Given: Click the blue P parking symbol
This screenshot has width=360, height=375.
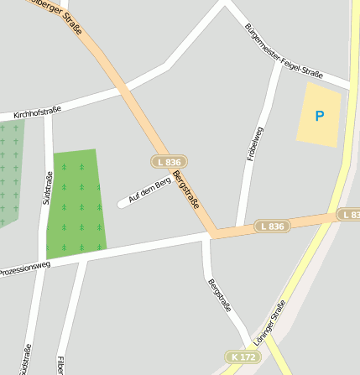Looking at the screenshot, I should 319,116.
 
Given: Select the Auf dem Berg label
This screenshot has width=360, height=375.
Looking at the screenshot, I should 149,190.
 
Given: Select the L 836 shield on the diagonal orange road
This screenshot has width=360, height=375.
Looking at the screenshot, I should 169,161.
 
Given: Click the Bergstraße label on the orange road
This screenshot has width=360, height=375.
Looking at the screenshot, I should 186,190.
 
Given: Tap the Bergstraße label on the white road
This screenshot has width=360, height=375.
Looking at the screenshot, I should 219,294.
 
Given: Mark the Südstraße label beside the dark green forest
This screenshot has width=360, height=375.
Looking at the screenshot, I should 47,188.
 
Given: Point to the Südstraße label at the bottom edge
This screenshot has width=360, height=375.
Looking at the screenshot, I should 27,359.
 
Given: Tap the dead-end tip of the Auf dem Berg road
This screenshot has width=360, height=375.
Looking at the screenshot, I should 123,204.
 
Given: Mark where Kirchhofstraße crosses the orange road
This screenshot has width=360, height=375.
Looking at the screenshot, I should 122,87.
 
